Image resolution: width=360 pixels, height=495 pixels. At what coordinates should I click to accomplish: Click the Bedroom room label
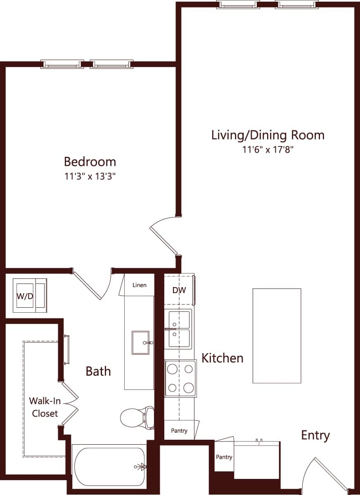90,161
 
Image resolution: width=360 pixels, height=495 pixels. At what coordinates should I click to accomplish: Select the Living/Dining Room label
268,135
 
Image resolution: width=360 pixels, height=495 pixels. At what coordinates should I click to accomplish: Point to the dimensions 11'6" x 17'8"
268,150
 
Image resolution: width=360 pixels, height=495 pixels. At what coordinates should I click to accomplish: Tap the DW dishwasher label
179,290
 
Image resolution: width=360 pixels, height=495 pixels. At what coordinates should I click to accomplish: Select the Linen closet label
140,285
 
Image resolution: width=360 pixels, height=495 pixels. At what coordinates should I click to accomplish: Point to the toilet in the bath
137,417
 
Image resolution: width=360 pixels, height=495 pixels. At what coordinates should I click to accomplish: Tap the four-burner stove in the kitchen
181,378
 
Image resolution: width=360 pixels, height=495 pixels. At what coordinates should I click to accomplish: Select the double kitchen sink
178,329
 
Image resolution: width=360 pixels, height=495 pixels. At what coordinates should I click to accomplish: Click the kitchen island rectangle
277,335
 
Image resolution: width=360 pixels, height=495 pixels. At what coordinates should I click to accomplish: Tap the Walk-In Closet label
43,407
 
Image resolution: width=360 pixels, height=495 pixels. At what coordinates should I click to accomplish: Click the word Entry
315,435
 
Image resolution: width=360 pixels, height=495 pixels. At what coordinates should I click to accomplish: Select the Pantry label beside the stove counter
179,431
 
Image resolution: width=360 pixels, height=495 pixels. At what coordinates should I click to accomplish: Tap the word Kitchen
222,358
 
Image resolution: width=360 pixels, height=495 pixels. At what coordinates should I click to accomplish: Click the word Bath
98,371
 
